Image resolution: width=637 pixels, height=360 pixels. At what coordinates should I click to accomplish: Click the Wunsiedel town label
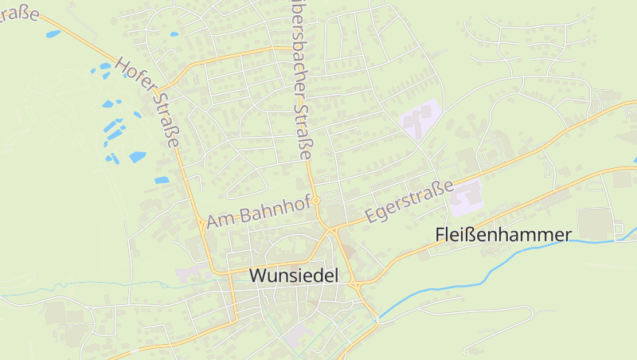294,276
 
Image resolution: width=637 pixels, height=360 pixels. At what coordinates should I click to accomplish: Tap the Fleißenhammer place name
504,234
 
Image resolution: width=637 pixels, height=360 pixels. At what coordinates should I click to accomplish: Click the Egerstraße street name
408,202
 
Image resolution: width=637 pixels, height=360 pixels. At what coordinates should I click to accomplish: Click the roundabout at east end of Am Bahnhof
316,201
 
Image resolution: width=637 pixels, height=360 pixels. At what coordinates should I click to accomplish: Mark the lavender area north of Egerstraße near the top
420,120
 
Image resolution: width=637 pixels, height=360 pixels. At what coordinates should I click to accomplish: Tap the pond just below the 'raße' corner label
53,34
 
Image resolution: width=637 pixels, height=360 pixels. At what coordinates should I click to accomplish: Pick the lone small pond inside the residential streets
174,34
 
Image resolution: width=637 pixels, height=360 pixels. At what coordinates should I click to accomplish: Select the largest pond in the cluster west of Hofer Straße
137,157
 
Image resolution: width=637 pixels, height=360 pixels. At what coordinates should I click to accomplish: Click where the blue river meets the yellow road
377,317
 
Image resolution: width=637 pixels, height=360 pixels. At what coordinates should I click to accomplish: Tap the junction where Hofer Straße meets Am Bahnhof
199,224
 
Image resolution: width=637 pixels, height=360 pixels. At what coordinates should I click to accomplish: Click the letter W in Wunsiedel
257,276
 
